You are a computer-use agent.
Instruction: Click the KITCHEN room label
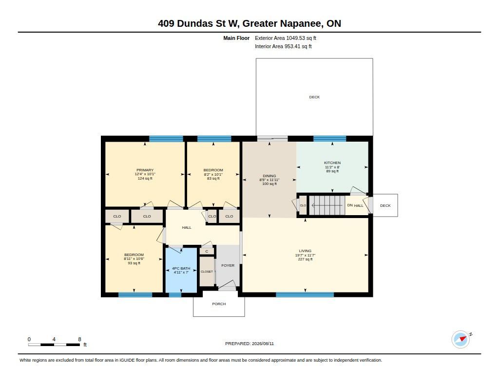click(x=332, y=163)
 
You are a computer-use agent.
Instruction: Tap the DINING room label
click(x=269, y=176)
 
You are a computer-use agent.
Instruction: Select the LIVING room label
click(x=305, y=251)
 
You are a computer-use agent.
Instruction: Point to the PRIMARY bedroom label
click(x=145, y=170)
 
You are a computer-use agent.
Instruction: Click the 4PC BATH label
click(x=181, y=268)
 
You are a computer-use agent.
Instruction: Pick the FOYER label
click(x=228, y=265)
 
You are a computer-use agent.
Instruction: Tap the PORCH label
click(x=219, y=304)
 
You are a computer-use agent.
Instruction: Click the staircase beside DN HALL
click(x=327, y=205)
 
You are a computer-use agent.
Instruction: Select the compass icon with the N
click(x=461, y=340)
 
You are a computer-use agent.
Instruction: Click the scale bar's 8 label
click(x=79, y=339)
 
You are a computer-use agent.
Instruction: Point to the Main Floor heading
click(x=236, y=38)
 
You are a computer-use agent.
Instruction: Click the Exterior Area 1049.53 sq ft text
click(x=286, y=38)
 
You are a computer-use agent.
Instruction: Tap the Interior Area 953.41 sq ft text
click(x=283, y=46)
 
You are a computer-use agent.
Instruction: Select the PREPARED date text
click(x=249, y=343)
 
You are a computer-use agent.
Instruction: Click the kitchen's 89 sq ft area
click(x=332, y=171)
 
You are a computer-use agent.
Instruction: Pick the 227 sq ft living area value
click(x=305, y=259)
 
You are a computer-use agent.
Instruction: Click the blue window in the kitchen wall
click(x=330, y=138)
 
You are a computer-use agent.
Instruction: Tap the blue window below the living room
click(x=305, y=294)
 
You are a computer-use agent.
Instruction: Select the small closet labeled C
click(x=207, y=251)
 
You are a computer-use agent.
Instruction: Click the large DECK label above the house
click(x=314, y=97)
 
